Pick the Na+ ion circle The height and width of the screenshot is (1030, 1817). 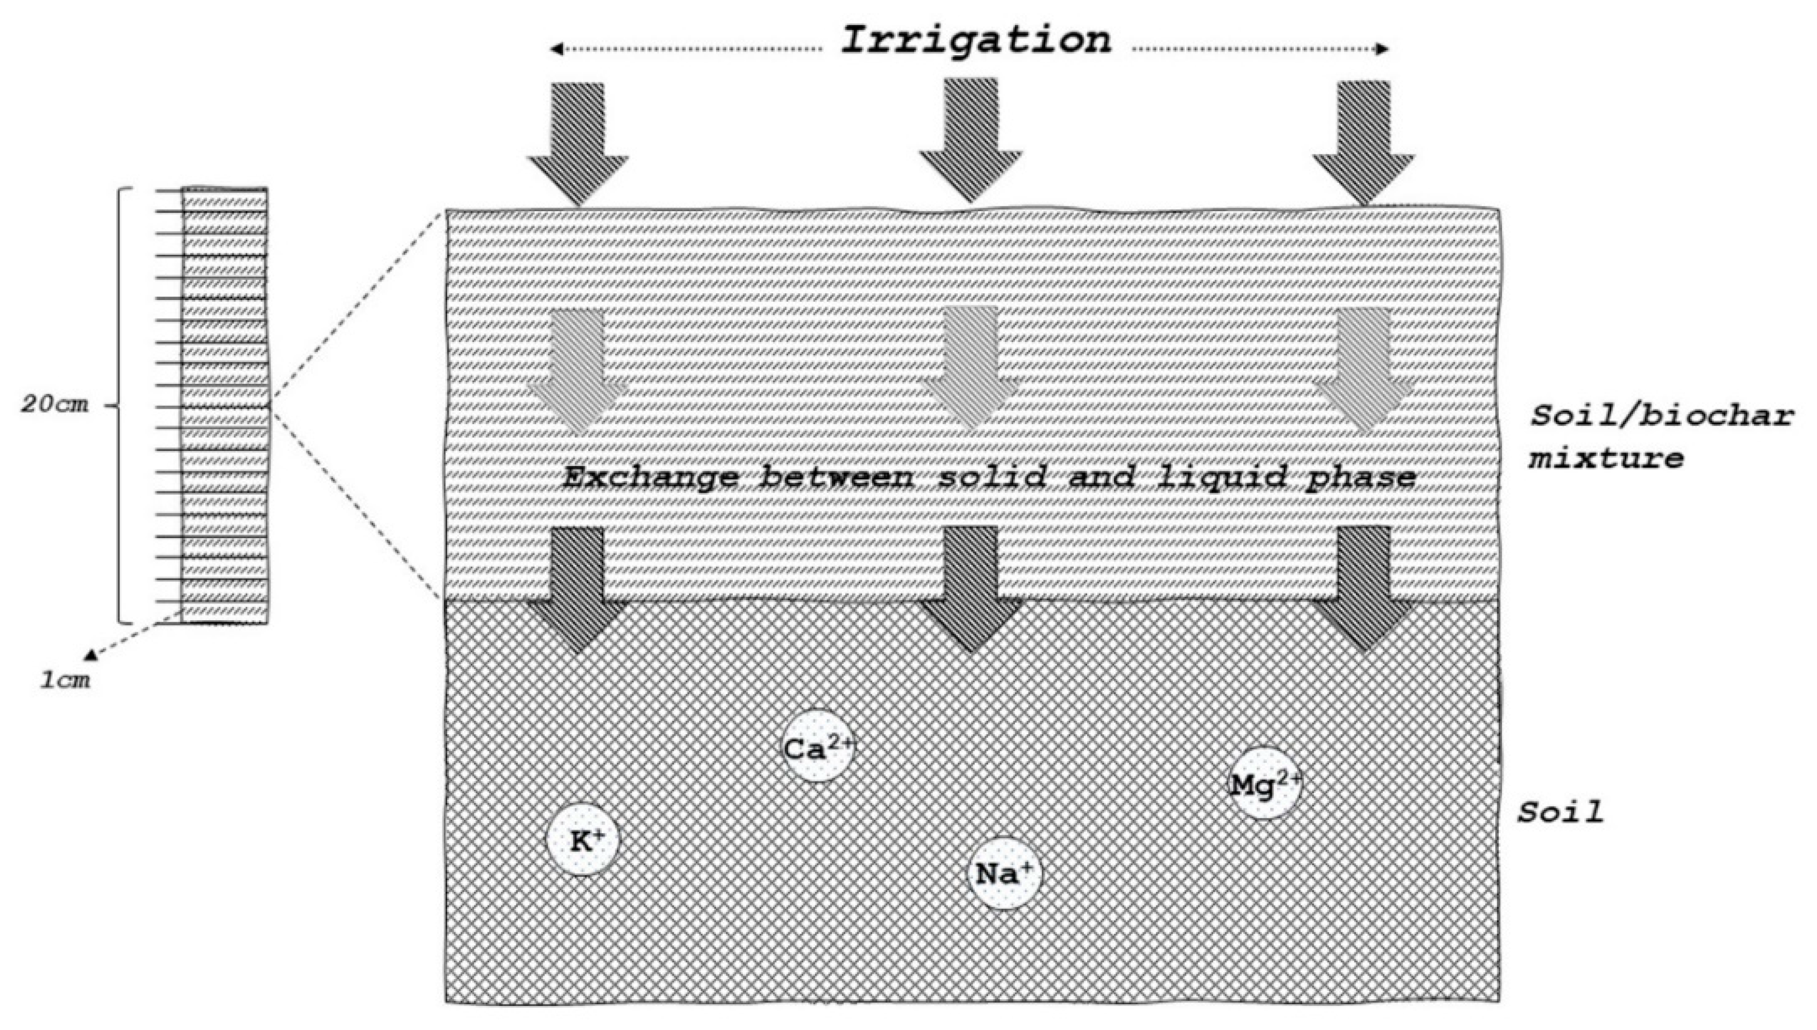[1004, 874]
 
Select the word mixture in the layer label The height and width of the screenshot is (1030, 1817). [1605, 458]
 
